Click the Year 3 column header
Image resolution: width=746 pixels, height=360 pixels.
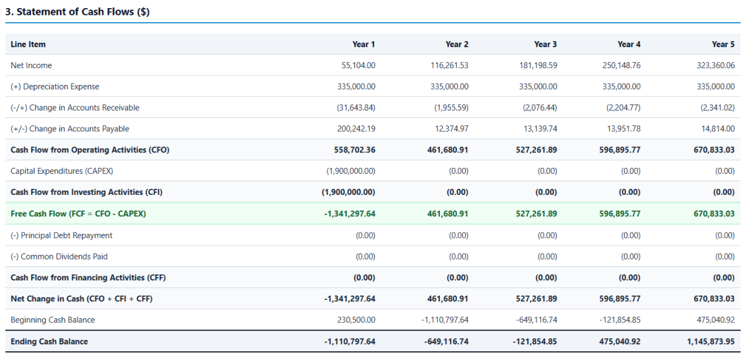tap(545, 44)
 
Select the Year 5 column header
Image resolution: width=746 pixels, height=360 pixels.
tap(723, 44)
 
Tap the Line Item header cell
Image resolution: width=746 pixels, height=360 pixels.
tap(28, 44)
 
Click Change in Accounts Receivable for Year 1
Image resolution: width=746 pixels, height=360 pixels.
tap(356, 108)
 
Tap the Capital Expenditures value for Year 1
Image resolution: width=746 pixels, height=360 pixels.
tap(350, 171)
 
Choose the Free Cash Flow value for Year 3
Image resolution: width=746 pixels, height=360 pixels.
tap(536, 214)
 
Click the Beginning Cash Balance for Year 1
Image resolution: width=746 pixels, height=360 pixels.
tap(356, 320)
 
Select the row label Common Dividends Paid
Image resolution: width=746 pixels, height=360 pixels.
tap(59, 257)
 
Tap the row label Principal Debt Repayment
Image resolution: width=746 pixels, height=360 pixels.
tap(61, 235)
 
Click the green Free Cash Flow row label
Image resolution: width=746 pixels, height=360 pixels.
tap(78, 214)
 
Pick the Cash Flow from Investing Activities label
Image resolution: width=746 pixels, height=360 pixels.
tap(86, 192)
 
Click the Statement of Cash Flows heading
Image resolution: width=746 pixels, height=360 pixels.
tap(77, 12)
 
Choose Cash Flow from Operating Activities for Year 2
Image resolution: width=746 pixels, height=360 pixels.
tap(447, 150)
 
